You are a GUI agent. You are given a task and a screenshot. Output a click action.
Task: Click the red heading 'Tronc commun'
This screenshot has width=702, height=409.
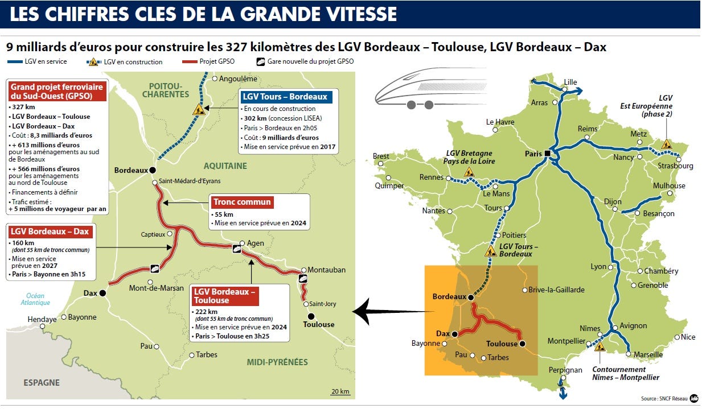tap(242, 202)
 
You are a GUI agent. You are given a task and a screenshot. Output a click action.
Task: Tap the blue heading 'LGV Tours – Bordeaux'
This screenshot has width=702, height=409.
tap(285, 97)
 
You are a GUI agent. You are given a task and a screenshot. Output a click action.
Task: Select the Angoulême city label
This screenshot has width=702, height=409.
tap(238, 79)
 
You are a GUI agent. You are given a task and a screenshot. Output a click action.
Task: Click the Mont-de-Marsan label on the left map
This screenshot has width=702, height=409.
tap(156, 288)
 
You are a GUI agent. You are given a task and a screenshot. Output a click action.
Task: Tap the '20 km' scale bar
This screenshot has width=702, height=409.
tap(340, 392)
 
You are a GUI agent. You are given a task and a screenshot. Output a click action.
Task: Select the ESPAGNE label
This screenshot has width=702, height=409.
tap(42, 383)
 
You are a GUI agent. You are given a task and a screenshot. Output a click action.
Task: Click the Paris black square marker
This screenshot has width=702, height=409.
tap(547, 153)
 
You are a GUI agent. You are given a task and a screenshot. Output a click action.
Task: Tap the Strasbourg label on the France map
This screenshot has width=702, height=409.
tap(675, 166)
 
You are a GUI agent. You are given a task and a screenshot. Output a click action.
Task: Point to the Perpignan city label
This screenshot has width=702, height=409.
tap(565, 370)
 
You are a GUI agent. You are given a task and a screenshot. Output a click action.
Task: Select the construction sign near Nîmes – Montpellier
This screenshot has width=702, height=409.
tap(599, 346)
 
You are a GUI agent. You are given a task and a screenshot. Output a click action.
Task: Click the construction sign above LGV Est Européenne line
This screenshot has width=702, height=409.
tap(666, 144)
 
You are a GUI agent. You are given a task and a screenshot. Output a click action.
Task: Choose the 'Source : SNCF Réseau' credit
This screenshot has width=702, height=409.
tap(663, 399)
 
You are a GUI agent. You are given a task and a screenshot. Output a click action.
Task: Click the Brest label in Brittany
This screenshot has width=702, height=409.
tap(381, 156)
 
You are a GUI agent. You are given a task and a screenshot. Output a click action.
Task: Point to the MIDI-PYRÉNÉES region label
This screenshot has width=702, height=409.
tap(277, 362)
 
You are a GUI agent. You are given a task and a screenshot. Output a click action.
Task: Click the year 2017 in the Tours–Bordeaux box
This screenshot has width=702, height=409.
tap(327, 147)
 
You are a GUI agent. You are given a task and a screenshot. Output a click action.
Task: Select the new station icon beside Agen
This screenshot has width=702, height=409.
tap(236, 248)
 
